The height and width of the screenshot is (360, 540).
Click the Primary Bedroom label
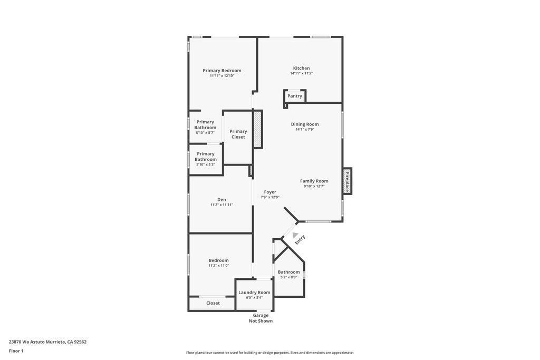tap(222, 71)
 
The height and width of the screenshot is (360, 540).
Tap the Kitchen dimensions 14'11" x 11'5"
tap(301, 73)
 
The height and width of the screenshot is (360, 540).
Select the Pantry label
tap(295, 96)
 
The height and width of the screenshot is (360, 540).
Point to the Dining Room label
tap(305, 124)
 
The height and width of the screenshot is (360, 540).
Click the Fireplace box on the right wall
tap(347, 181)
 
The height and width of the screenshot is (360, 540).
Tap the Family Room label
tap(314, 181)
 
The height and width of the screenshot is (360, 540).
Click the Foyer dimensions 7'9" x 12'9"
tap(270, 198)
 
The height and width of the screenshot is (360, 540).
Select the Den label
tap(222, 200)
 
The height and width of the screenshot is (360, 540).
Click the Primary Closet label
tap(238, 134)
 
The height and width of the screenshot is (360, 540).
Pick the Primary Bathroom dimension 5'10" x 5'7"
tap(205, 133)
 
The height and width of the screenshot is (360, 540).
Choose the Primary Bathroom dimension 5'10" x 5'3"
tap(206, 165)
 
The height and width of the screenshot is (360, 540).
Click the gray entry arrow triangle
tap(295, 235)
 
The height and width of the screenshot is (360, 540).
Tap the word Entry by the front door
tap(300, 239)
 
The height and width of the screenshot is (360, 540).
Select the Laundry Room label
tap(255, 293)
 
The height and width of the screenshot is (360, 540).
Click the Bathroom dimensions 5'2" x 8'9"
tap(288, 277)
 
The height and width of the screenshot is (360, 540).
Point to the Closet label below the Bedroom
tap(213, 303)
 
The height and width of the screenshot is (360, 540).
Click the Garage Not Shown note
tap(261, 318)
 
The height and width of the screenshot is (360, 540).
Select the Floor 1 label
tap(16, 351)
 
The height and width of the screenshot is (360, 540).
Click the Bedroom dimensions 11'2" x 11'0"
tap(219, 266)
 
